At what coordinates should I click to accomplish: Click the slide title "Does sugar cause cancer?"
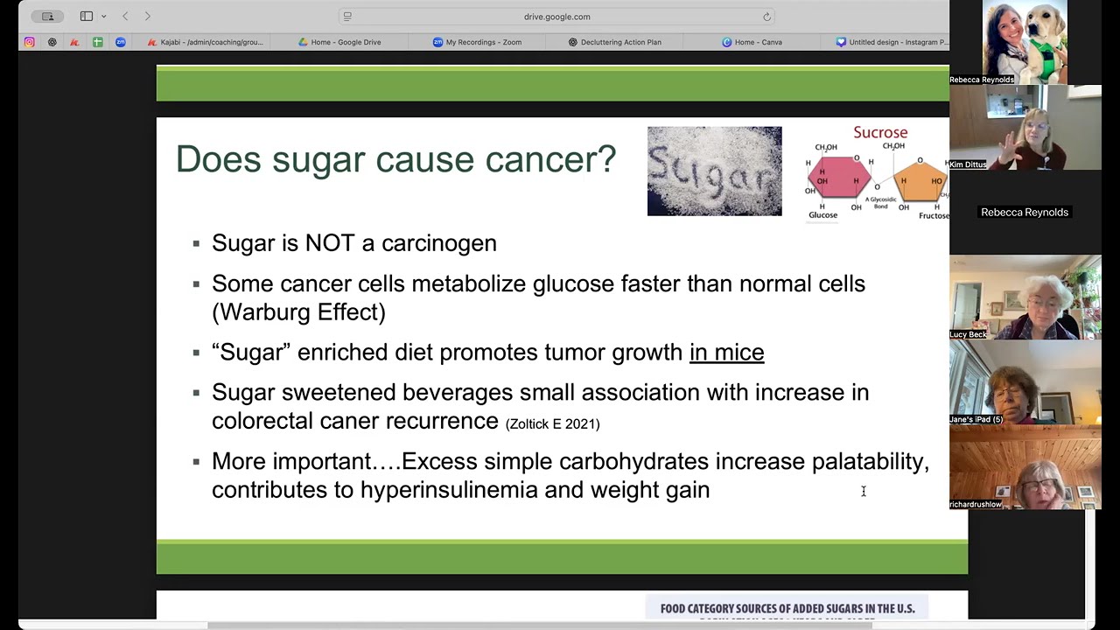[395, 159]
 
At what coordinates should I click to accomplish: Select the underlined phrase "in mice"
[726, 352]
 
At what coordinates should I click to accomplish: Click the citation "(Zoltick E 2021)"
[552, 423]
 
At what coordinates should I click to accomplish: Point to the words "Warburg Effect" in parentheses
[298, 312]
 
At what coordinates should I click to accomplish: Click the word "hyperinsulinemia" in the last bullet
[448, 490]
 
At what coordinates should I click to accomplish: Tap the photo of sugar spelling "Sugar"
[714, 171]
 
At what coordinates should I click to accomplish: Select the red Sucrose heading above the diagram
[880, 132]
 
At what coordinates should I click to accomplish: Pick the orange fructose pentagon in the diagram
[920, 180]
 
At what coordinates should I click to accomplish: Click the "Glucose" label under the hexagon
[822, 215]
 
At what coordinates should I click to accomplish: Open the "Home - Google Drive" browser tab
[345, 42]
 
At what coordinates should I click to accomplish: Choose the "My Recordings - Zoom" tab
[483, 42]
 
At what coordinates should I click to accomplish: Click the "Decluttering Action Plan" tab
[620, 42]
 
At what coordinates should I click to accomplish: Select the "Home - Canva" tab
[758, 42]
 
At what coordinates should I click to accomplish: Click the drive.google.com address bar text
[556, 17]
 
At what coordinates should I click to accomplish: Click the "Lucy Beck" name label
[968, 334]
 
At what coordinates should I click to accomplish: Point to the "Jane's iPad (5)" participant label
[976, 419]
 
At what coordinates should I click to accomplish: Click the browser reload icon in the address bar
[766, 17]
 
